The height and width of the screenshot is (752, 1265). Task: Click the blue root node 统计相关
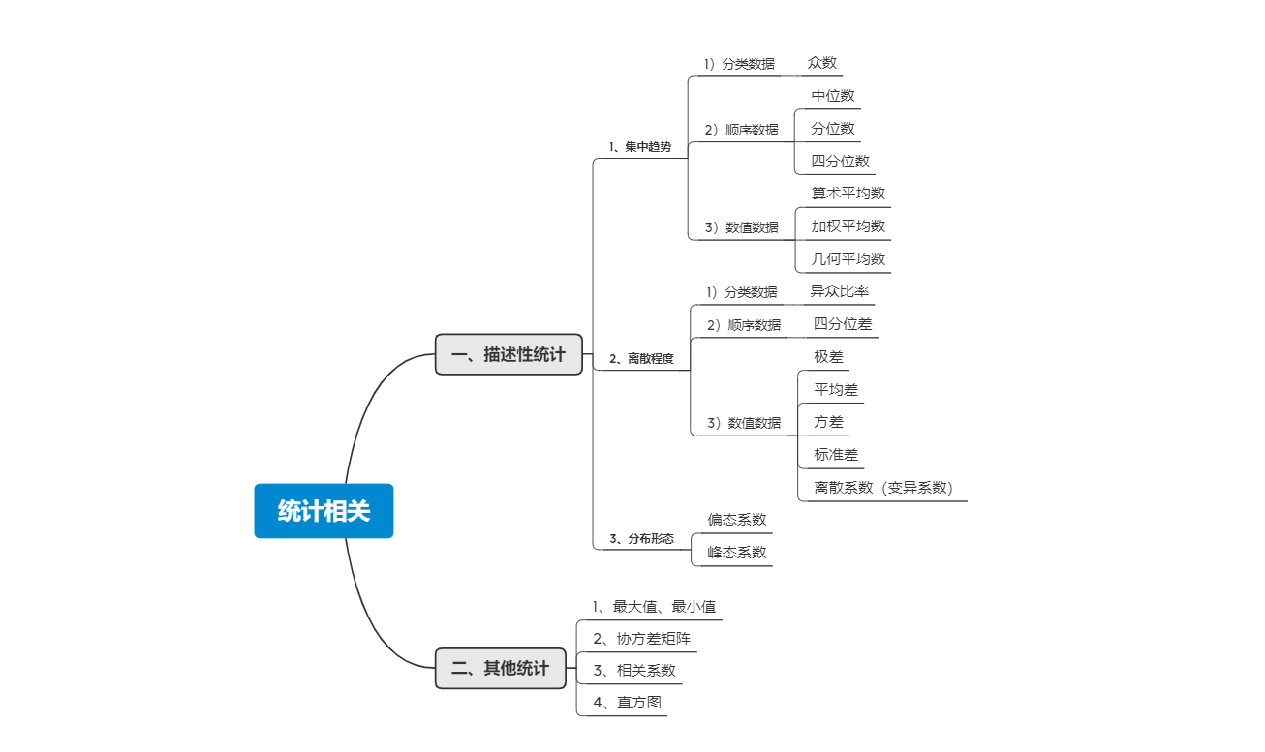(324, 511)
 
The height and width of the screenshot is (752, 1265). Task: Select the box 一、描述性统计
(509, 354)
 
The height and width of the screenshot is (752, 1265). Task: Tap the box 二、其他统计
(500, 668)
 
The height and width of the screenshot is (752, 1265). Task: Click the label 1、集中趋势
(639, 147)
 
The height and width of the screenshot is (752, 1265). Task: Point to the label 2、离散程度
(641, 358)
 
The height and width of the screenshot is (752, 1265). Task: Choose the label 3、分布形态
(641, 538)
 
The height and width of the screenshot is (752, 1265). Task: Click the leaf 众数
(822, 63)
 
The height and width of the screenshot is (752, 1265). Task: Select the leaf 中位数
(833, 96)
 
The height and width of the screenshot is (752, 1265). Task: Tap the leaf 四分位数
(840, 161)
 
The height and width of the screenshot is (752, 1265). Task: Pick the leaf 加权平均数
(848, 226)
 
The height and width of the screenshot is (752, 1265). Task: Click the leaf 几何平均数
(848, 258)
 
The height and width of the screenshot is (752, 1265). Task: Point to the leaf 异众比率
(839, 290)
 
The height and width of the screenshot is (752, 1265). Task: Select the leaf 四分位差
(842, 323)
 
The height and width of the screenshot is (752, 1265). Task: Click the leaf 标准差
(836, 454)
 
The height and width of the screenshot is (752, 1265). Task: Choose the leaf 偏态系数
(736, 519)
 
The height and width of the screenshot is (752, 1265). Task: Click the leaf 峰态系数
(736, 552)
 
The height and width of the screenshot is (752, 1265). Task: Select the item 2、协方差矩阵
(641, 639)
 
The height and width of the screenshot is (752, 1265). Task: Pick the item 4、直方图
(627, 703)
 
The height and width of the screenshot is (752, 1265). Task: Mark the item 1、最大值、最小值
(654, 607)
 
